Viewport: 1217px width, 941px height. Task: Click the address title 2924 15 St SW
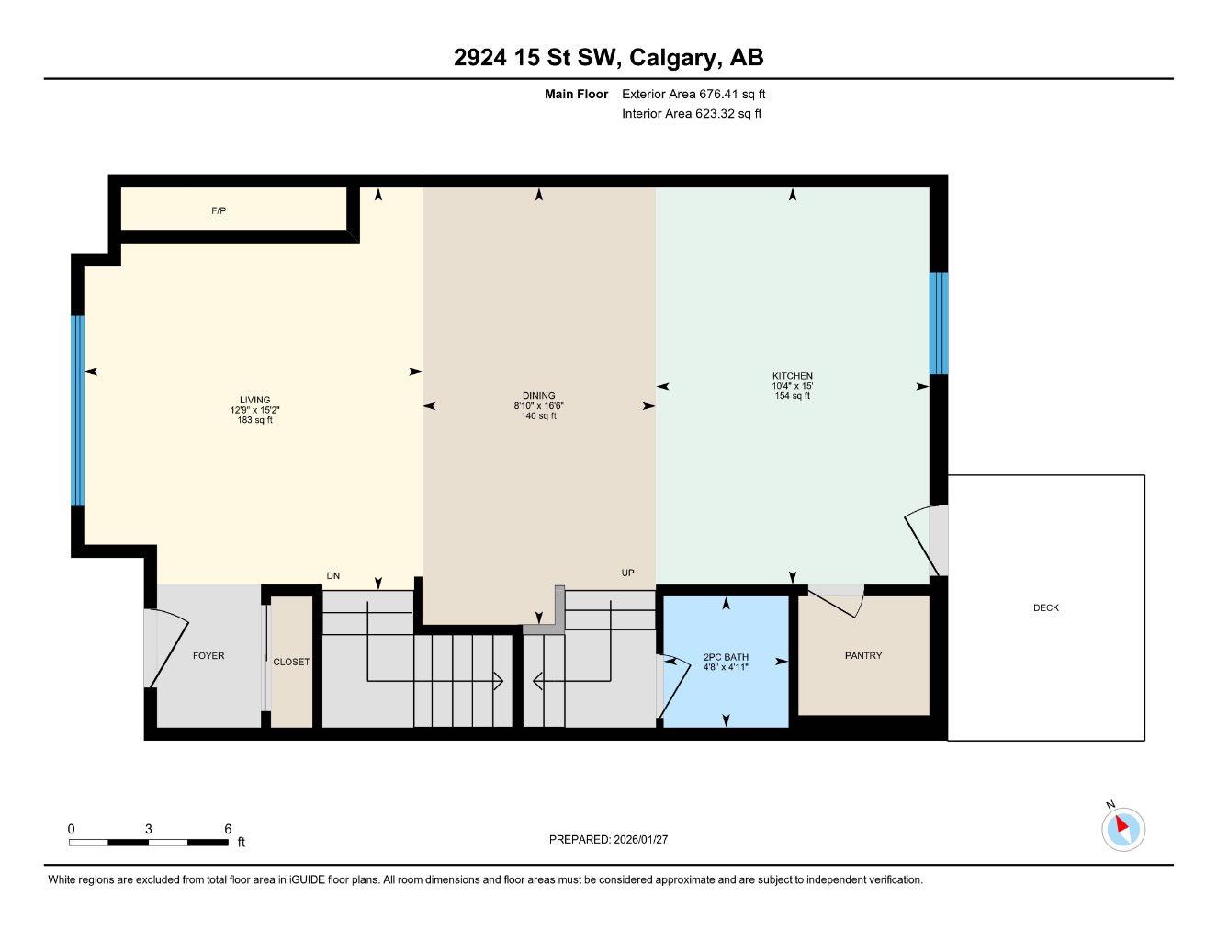click(608, 58)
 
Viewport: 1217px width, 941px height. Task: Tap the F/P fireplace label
click(219, 211)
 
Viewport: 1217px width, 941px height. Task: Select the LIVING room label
click(254, 401)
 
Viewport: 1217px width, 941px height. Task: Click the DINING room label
click(538, 396)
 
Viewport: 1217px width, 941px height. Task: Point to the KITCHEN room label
click(792, 376)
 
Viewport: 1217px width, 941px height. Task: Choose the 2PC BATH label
click(726, 657)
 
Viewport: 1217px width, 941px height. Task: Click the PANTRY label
click(862, 655)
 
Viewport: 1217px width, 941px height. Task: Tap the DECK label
click(1045, 607)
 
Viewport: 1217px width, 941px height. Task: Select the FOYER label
click(208, 655)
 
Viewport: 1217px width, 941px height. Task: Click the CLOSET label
click(291, 662)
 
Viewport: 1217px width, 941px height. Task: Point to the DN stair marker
click(333, 576)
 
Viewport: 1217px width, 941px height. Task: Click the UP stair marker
click(628, 573)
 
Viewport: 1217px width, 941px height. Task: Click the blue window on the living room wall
click(78, 411)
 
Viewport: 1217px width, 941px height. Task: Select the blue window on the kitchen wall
click(938, 323)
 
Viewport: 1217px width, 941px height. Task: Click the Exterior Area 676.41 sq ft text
click(693, 94)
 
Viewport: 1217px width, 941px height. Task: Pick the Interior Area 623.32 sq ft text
click(692, 114)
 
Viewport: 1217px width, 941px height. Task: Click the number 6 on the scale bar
click(228, 829)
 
